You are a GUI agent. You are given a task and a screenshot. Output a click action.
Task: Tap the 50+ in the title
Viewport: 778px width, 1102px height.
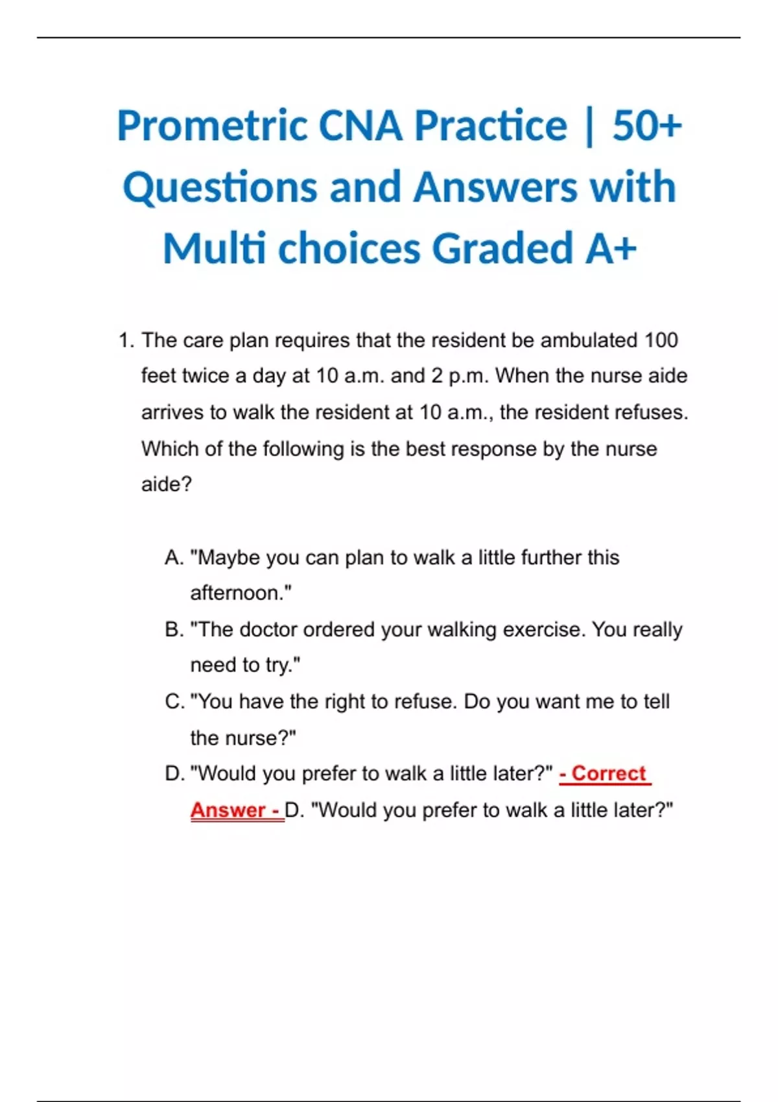[x=646, y=126]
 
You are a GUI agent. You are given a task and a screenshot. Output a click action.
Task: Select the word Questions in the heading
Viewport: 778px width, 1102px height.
[x=220, y=188]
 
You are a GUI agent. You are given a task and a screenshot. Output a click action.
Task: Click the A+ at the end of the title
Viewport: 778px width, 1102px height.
[x=610, y=249]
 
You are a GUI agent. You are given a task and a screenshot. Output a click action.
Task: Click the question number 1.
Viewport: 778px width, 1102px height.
[x=125, y=340]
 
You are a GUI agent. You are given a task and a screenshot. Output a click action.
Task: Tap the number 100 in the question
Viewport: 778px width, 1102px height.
[x=661, y=340]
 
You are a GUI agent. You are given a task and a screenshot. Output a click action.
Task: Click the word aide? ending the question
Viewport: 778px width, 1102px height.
[x=167, y=484]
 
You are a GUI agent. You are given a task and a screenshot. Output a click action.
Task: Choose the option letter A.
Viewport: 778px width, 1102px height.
[x=174, y=557]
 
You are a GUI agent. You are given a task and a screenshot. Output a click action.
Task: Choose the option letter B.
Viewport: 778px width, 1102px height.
[x=174, y=629]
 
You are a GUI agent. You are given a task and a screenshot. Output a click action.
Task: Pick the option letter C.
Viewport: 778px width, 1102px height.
[x=174, y=701]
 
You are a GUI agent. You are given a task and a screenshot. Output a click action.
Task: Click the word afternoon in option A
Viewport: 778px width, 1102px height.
[x=240, y=593]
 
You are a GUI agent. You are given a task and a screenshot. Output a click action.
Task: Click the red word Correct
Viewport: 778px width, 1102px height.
[x=609, y=773]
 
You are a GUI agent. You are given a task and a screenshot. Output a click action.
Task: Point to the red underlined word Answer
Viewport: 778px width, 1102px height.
[x=228, y=810]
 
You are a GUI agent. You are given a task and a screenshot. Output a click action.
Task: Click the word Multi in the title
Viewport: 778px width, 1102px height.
[x=214, y=249]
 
